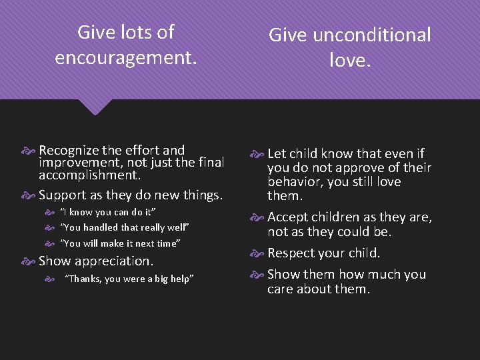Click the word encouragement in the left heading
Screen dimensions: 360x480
[x=125, y=58]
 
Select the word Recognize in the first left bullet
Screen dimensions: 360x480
[x=70, y=150]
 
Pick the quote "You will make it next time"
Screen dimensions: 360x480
[x=121, y=243]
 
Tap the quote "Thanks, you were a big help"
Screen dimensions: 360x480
[x=129, y=279]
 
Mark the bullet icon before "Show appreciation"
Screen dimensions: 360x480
[x=31, y=261]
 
